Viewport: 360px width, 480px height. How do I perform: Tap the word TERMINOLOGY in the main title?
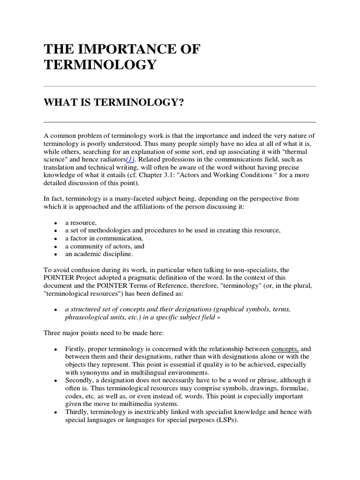pyautogui.click(x=99, y=65)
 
